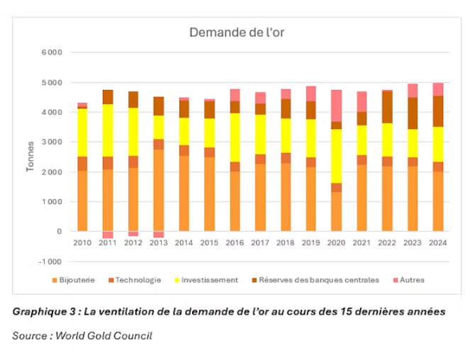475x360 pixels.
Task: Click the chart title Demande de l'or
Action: [236, 33]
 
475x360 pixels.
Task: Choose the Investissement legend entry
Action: [209, 280]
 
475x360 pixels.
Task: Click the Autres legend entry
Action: [411, 280]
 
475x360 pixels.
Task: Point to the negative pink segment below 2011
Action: [108, 235]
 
